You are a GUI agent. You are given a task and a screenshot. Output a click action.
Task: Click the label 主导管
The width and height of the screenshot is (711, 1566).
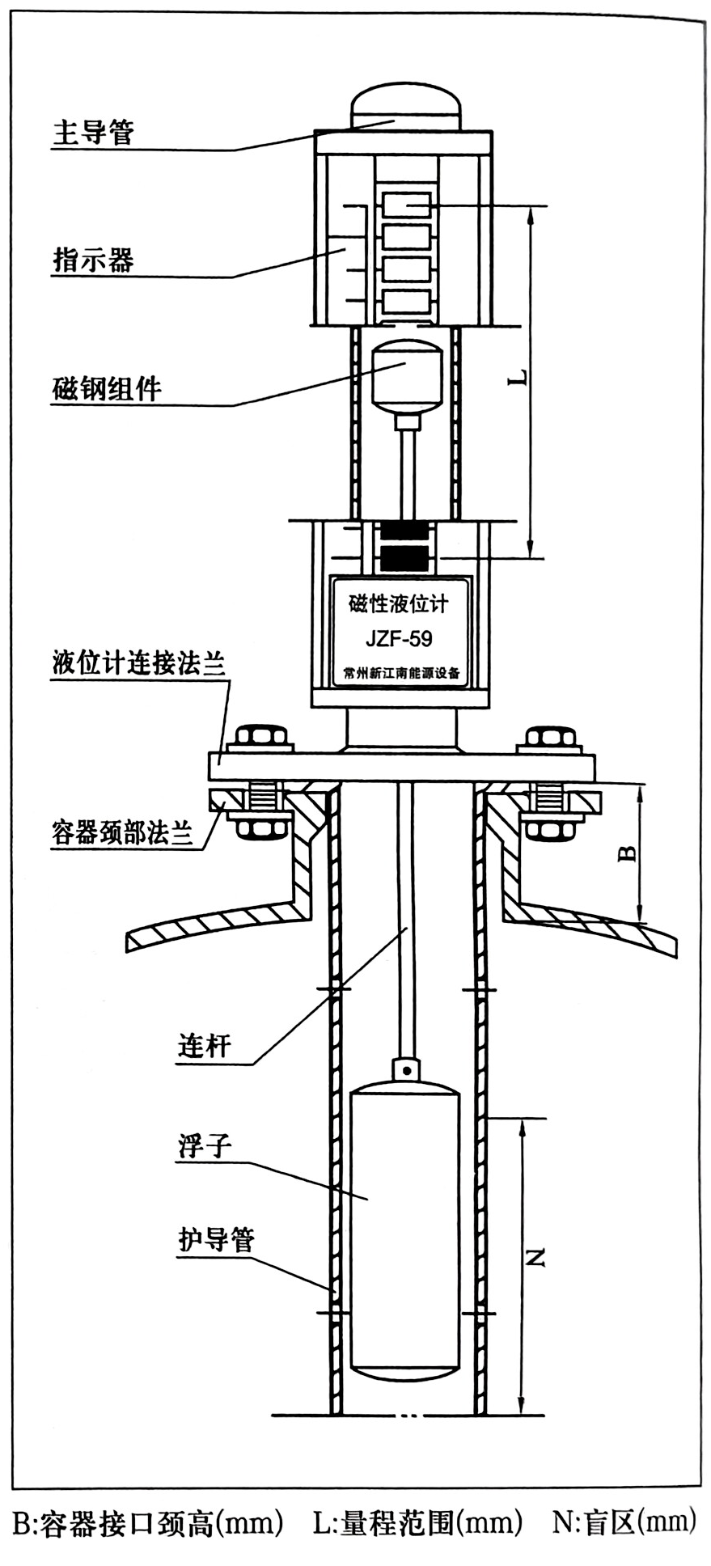click(93, 133)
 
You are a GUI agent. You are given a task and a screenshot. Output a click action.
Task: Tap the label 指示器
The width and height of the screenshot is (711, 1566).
click(93, 260)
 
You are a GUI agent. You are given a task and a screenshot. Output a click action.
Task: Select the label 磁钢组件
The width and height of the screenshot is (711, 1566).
click(107, 389)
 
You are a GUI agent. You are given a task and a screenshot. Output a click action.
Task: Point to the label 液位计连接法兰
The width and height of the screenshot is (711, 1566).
click(138, 663)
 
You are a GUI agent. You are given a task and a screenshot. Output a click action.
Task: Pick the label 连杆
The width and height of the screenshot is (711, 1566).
click(205, 1047)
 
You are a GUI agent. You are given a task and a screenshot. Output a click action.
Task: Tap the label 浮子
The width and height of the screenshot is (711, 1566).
click(205, 1145)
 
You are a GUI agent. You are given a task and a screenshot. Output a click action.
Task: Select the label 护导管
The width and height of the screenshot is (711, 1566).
click(216, 1239)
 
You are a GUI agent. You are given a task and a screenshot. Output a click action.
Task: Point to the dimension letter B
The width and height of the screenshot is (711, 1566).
click(627, 853)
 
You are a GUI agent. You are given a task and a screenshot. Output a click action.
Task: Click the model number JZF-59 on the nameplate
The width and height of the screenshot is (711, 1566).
click(399, 639)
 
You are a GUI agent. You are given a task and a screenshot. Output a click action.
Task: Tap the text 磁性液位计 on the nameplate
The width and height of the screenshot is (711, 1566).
click(399, 603)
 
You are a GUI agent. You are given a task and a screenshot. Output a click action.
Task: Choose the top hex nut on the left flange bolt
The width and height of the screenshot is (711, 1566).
click(260, 737)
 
